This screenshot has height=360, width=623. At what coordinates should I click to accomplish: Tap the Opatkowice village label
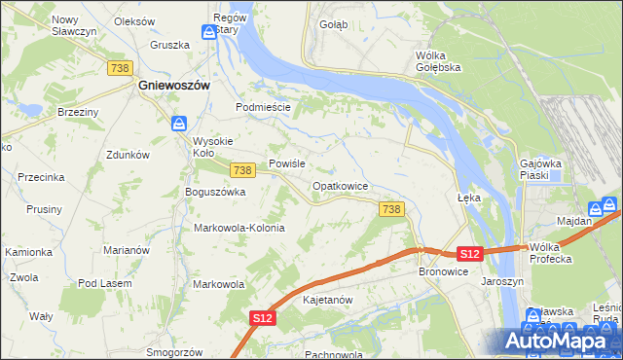(x=340, y=186)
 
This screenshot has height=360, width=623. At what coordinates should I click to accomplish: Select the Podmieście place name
(x=264, y=107)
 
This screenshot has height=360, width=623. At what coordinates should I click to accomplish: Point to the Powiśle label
(x=288, y=164)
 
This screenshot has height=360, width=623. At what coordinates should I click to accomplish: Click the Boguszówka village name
(x=215, y=193)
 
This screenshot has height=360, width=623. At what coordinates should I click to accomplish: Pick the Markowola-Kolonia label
(x=239, y=228)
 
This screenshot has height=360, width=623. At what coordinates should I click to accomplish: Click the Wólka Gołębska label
(x=437, y=61)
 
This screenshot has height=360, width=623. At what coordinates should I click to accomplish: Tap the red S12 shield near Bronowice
(x=470, y=254)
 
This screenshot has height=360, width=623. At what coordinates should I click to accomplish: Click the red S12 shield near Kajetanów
(x=262, y=318)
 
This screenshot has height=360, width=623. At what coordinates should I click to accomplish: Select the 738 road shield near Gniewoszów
(x=120, y=67)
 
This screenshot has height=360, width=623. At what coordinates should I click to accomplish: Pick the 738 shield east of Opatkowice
(x=391, y=209)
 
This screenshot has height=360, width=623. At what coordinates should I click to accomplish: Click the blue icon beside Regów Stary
(x=209, y=32)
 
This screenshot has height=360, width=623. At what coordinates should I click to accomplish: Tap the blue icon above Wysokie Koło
(x=179, y=124)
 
